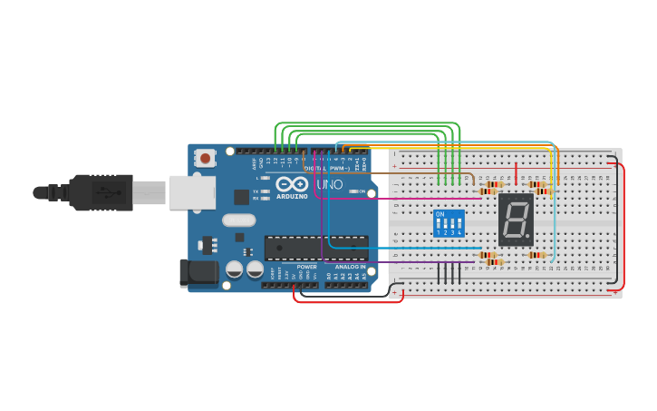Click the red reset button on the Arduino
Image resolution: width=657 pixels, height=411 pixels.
[x=206, y=159]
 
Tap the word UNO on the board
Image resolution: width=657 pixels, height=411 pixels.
[x=329, y=185]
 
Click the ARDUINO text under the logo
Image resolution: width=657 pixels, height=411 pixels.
[x=292, y=196]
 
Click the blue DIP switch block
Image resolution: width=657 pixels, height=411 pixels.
[x=449, y=223]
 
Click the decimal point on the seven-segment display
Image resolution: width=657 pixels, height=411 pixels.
[x=527, y=238]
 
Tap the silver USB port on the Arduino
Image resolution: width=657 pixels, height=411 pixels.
[x=192, y=192]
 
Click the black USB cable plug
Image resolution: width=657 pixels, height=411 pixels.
[x=100, y=192]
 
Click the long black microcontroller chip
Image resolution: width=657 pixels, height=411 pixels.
[x=316, y=248]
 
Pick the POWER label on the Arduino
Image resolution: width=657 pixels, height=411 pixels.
[x=307, y=267]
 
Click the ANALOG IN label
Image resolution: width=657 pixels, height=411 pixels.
[x=351, y=267]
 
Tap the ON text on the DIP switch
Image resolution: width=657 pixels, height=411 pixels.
[x=440, y=215]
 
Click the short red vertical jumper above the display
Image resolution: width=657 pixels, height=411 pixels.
[x=517, y=172]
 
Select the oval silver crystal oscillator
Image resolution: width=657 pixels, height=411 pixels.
[x=238, y=220]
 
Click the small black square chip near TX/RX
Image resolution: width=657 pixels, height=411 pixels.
[x=241, y=196]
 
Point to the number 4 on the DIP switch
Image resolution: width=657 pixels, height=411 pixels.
[x=460, y=233]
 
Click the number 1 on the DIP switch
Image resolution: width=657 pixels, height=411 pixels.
[x=439, y=233]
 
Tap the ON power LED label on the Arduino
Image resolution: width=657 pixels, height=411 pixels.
[x=361, y=191]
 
